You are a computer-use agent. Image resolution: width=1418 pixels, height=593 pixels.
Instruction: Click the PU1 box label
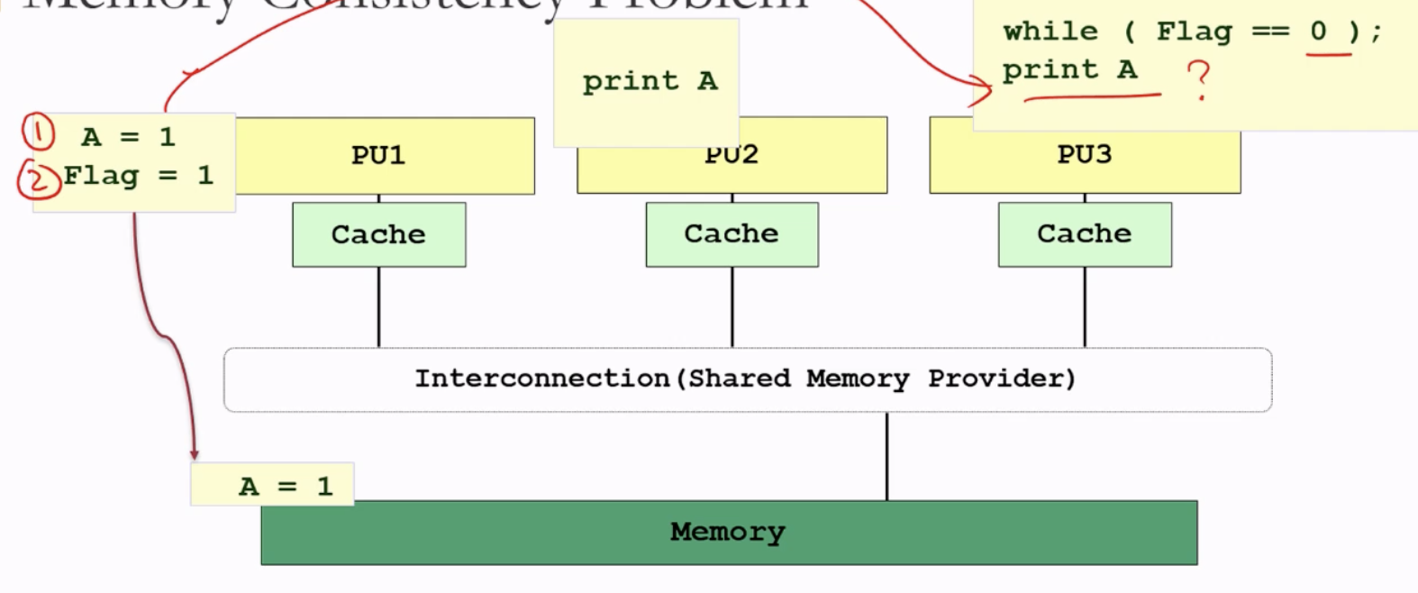coord(378,155)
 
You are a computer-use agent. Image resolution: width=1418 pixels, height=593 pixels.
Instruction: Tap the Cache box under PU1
coord(378,234)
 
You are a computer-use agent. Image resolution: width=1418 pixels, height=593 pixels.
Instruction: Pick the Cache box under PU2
coord(732,234)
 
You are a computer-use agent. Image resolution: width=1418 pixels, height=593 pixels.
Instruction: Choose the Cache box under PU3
coord(1085,234)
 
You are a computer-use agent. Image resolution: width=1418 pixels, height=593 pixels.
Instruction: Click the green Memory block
coord(728,533)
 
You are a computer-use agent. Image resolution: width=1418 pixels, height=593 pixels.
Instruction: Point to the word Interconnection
coord(541,379)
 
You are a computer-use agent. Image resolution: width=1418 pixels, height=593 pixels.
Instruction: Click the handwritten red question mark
coord(1199,79)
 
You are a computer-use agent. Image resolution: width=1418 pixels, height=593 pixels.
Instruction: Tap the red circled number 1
coord(38,132)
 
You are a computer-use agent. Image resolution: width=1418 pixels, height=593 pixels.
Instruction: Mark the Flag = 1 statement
coord(138,175)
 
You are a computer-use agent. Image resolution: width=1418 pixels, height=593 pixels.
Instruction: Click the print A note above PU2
coord(650,81)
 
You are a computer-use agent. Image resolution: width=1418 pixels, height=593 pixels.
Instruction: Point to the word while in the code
coord(1050,32)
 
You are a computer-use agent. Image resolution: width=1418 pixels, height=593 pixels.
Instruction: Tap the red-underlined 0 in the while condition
coord(1319,32)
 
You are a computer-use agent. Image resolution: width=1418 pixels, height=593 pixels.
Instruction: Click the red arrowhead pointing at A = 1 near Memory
coord(194,454)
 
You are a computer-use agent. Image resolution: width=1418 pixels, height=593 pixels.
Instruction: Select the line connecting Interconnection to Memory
coord(886,456)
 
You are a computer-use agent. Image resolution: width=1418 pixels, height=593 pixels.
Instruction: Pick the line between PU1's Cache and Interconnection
coord(378,306)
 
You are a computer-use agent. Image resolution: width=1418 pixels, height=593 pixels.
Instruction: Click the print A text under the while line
coord(1069,70)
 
